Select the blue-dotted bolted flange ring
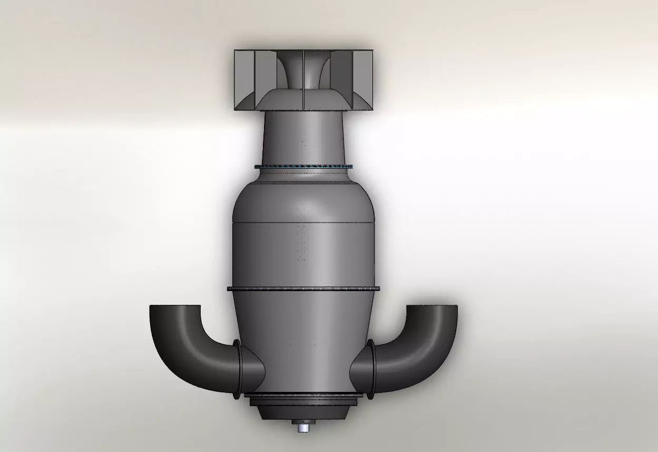point(303,167)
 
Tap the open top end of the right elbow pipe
point(432,306)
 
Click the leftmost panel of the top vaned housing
point(244,79)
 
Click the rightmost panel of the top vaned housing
point(364,79)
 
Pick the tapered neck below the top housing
point(303,137)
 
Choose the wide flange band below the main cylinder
point(303,288)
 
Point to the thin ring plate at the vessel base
point(303,395)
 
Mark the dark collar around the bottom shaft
point(303,422)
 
